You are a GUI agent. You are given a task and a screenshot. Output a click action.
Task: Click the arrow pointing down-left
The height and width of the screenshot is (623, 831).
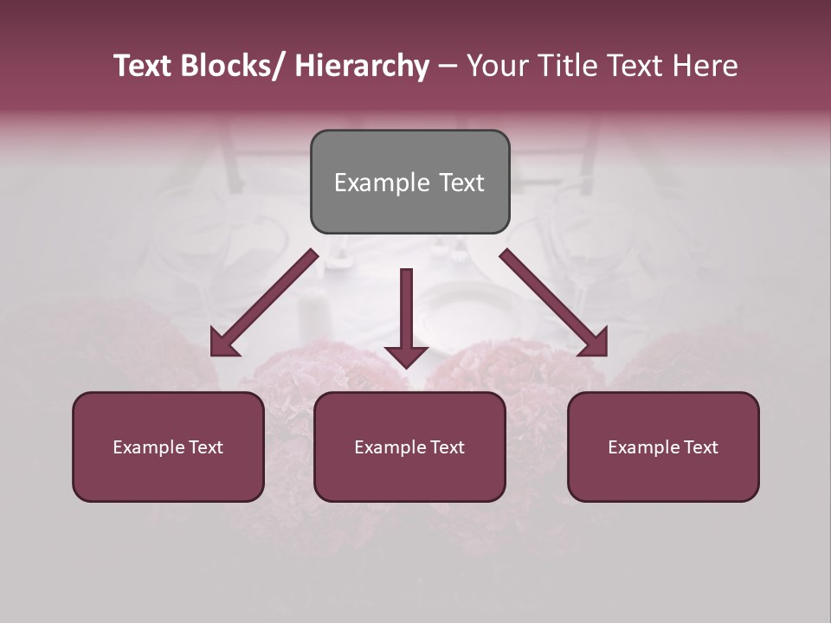pyautogui.click(x=264, y=303)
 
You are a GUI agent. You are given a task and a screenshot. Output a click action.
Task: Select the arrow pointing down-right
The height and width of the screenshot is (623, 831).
pyautogui.click(x=554, y=303)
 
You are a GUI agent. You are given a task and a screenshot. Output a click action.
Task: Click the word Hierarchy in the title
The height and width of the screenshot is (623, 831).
pyautogui.click(x=362, y=66)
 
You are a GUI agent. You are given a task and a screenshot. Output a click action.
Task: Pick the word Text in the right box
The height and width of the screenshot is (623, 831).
pyautogui.click(x=699, y=447)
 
